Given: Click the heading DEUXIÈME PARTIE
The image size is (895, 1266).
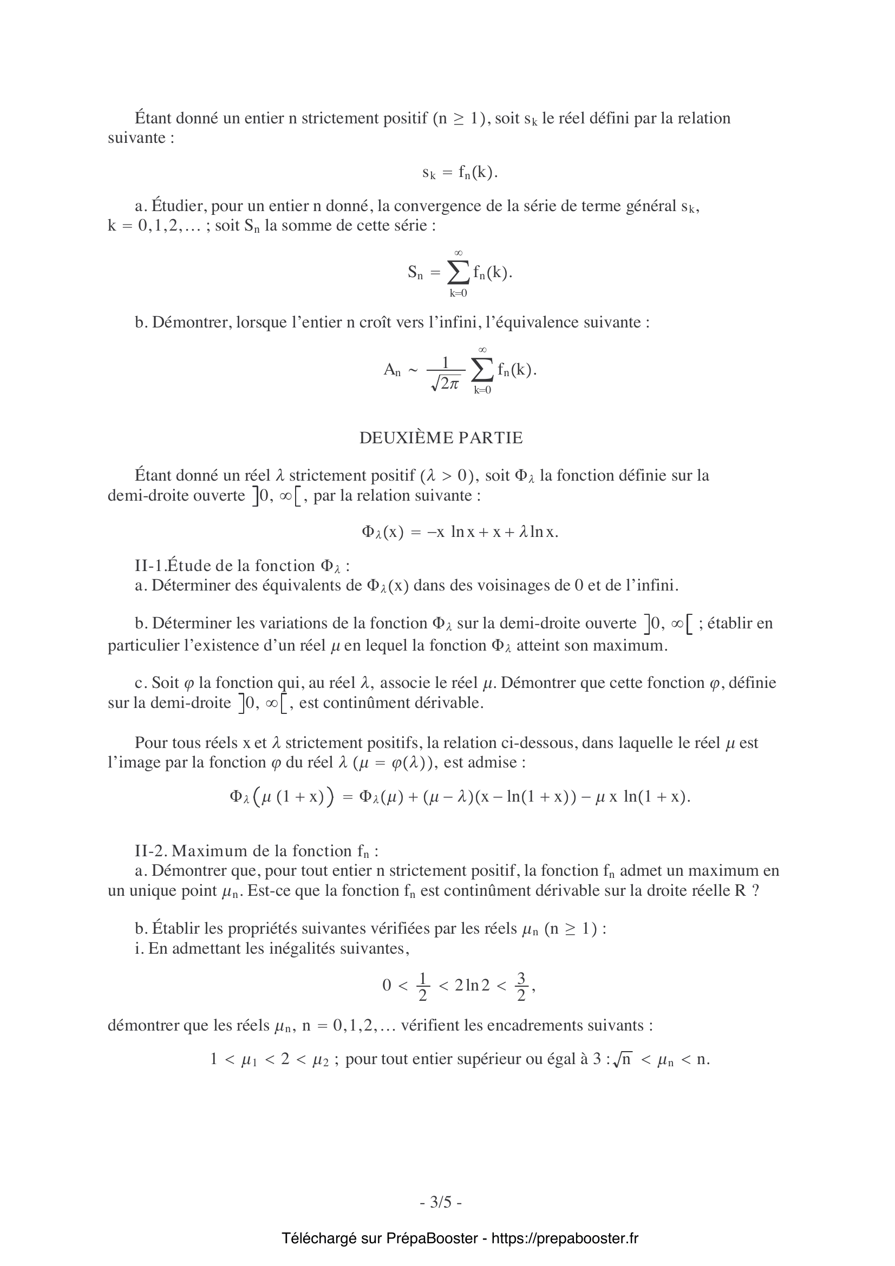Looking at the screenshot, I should [441, 438].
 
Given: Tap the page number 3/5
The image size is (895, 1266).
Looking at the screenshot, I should [441, 1202].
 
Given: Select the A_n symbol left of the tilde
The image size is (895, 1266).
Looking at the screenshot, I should [391, 370].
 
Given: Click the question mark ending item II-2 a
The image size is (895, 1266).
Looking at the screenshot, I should [755, 890].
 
